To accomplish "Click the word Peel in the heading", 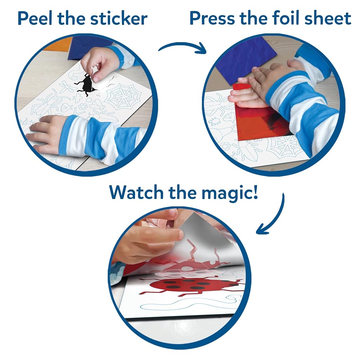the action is [35, 18].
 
